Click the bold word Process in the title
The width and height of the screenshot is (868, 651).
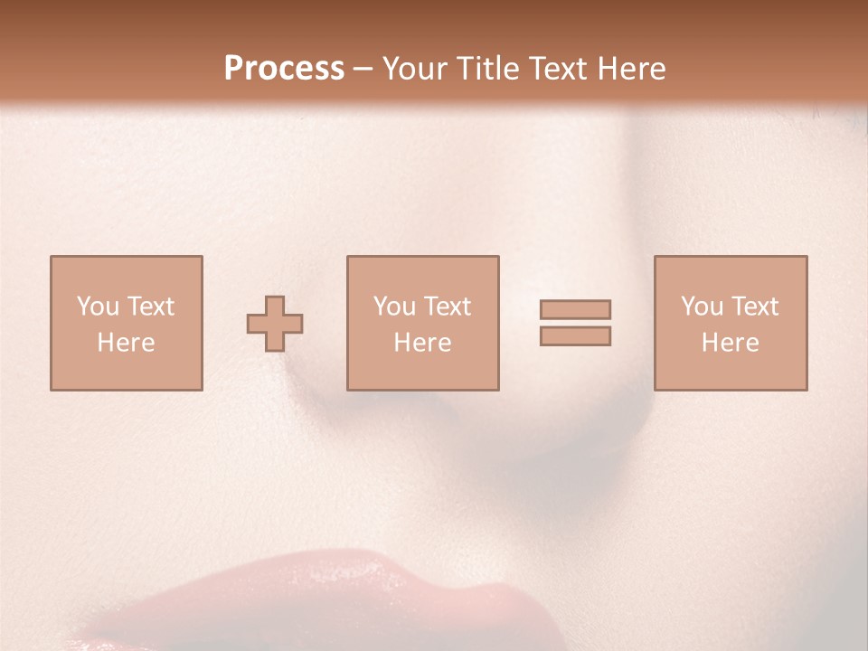click(284, 69)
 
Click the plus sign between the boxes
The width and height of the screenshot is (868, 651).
click(275, 323)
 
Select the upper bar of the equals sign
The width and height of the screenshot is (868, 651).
click(575, 309)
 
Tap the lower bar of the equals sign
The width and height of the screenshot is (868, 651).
click(575, 335)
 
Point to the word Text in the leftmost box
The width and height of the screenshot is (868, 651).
click(150, 307)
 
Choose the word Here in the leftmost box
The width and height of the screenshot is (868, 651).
click(126, 343)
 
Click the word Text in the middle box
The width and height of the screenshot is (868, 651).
click(447, 307)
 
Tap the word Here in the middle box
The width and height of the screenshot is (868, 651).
click(422, 343)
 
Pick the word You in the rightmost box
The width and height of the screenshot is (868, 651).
click(703, 307)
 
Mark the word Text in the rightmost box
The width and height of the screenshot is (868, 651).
click(754, 307)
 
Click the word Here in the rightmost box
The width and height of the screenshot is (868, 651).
click(730, 343)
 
